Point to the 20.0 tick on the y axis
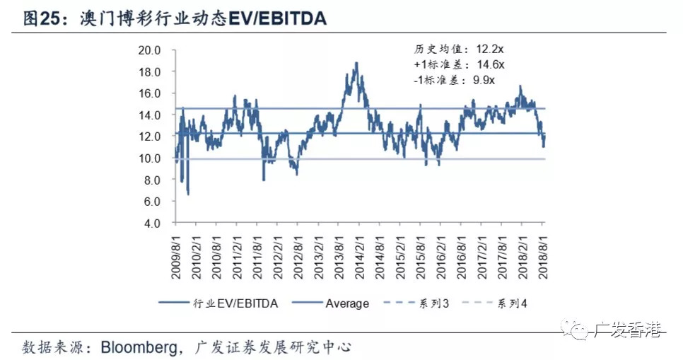(150, 50)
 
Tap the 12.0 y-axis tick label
(150, 137)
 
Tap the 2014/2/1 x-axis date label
(359, 252)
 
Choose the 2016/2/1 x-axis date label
(441, 252)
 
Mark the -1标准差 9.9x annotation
(455, 81)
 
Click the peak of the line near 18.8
(356, 63)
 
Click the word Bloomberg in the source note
(139, 347)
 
